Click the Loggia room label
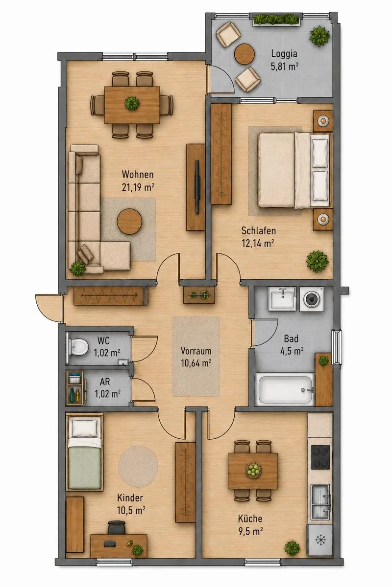[284, 54]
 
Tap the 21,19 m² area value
[138, 187]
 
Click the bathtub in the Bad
[285, 389]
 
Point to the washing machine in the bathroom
[311, 299]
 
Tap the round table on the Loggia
[245, 54]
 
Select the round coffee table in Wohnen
[129, 222]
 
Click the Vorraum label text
[196, 351]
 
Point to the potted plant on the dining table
[132, 103]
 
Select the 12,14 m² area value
[258, 244]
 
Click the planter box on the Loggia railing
[276, 20]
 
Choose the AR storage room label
[105, 382]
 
